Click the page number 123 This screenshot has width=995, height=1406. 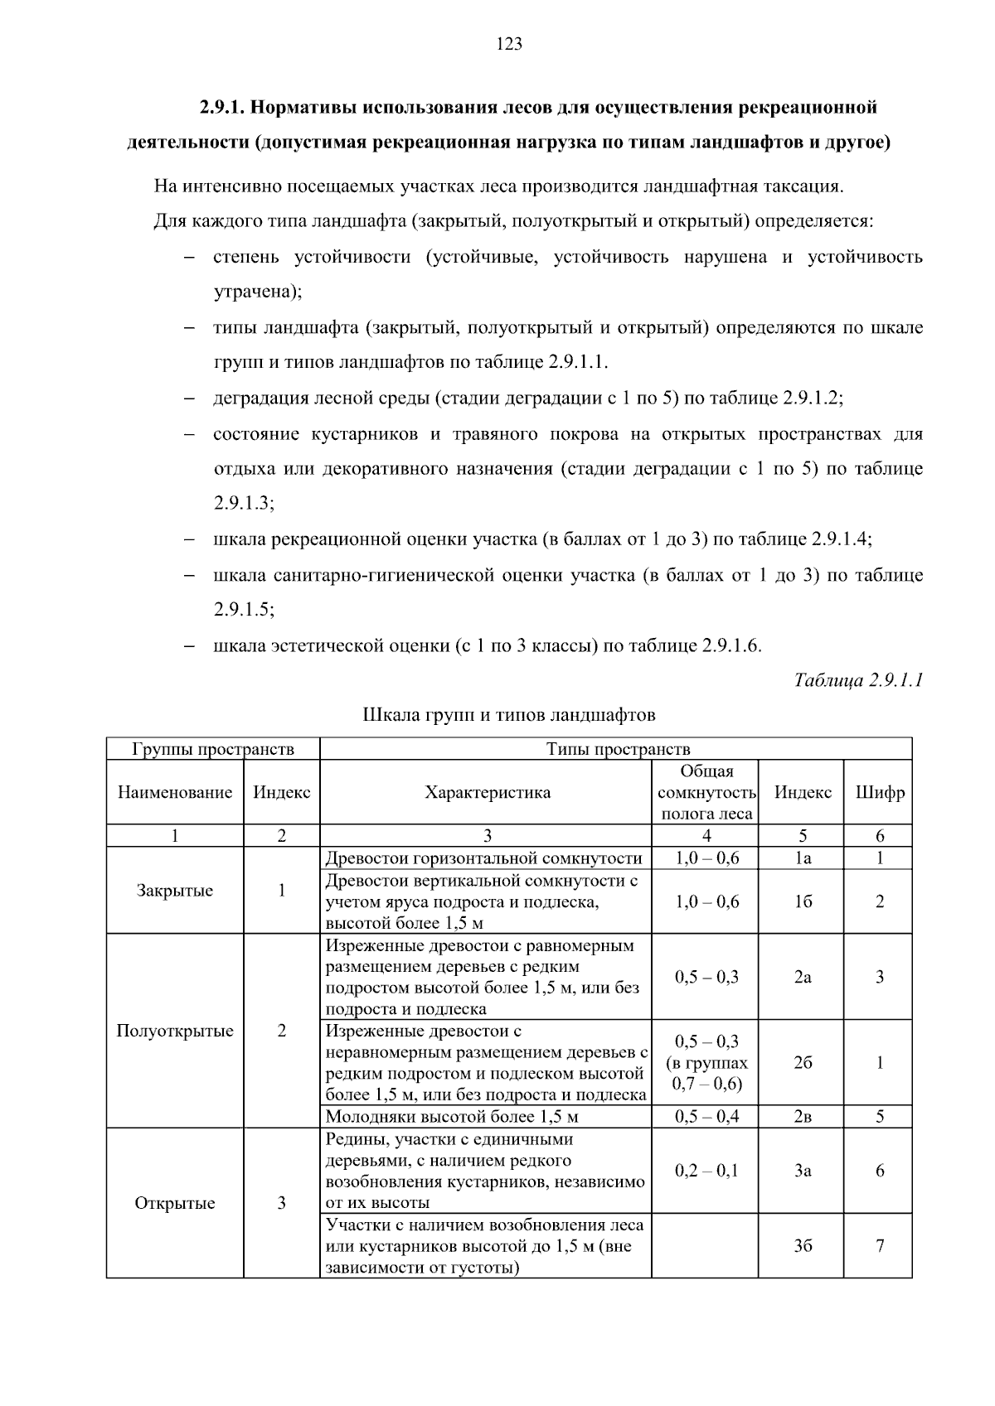509,45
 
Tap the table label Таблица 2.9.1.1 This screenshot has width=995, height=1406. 858,681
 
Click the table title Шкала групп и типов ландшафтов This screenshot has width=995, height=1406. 509,714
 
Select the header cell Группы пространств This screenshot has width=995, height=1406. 213,749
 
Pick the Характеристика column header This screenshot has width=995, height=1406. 487,792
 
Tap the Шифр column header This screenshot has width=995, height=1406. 880,792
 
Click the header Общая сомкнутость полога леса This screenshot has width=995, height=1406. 706,792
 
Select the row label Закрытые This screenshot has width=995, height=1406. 174,891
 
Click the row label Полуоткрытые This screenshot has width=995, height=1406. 174,1031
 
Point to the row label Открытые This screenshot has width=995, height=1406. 174,1203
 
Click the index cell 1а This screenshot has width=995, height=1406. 802,858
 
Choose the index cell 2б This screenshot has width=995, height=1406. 802,1063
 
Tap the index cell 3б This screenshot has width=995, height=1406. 802,1246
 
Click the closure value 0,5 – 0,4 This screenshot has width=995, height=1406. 706,1116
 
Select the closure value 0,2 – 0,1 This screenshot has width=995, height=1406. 706,1171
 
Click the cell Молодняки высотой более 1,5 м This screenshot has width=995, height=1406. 451,1116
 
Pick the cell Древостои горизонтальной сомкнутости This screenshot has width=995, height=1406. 483,858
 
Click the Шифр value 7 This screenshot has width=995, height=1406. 880,1246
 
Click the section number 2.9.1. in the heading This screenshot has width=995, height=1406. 221,108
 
